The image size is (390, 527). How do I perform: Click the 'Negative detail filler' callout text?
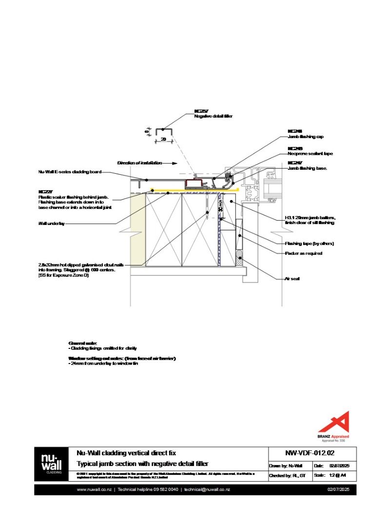(213, 117)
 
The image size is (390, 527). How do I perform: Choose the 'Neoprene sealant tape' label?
(310, 154)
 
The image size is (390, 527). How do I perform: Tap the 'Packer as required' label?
(303, 254)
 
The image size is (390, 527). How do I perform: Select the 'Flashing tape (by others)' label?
(309, 243)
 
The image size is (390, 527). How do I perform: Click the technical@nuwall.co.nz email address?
(207, 489)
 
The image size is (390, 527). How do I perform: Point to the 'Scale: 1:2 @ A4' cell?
(337, 475)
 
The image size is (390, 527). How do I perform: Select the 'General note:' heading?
(83, 344)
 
